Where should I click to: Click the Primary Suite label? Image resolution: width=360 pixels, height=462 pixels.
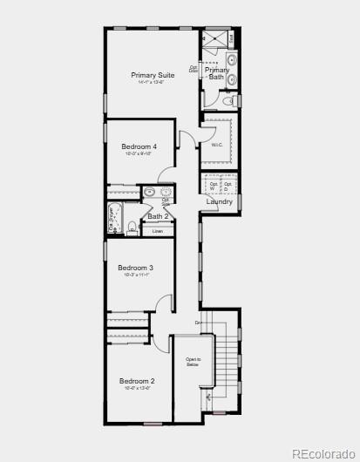click(153, 75)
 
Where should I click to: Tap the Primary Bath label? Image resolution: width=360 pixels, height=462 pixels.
click(217, 73)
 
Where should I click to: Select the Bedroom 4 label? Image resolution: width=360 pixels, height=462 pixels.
click(139, 146)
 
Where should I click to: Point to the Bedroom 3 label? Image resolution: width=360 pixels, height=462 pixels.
click(136, 268)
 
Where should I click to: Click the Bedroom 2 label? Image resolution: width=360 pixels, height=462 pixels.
click(137, 381)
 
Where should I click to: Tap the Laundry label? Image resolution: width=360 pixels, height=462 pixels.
click(219, 202)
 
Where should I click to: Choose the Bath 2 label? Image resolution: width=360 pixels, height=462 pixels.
click(157, 216)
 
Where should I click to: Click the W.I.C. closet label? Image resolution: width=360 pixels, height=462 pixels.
click(217, 145)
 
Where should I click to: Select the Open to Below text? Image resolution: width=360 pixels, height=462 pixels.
click(193, 362)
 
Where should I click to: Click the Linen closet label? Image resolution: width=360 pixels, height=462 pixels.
click(157, 231)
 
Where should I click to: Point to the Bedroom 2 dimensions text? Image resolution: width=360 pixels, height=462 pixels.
click(137, 389)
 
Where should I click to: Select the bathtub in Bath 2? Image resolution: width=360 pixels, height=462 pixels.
click(112, 218)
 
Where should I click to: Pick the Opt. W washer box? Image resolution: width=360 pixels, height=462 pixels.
click(214, 186)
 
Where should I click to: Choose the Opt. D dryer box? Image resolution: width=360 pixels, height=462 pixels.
click(228, 186)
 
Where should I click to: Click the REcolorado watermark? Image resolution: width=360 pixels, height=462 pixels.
click(323, 452)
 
